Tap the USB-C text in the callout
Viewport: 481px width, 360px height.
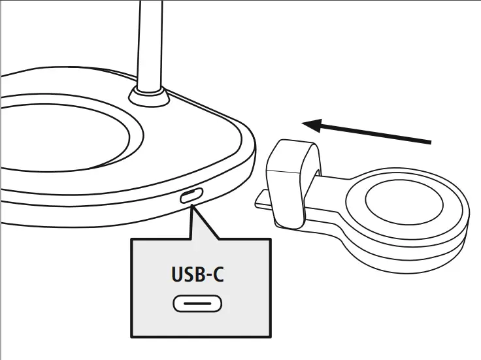[x=197, y=274]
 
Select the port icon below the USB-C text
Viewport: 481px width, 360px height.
[x=197, y=304]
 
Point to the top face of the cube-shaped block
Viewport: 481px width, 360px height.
[x=294, y=154]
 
